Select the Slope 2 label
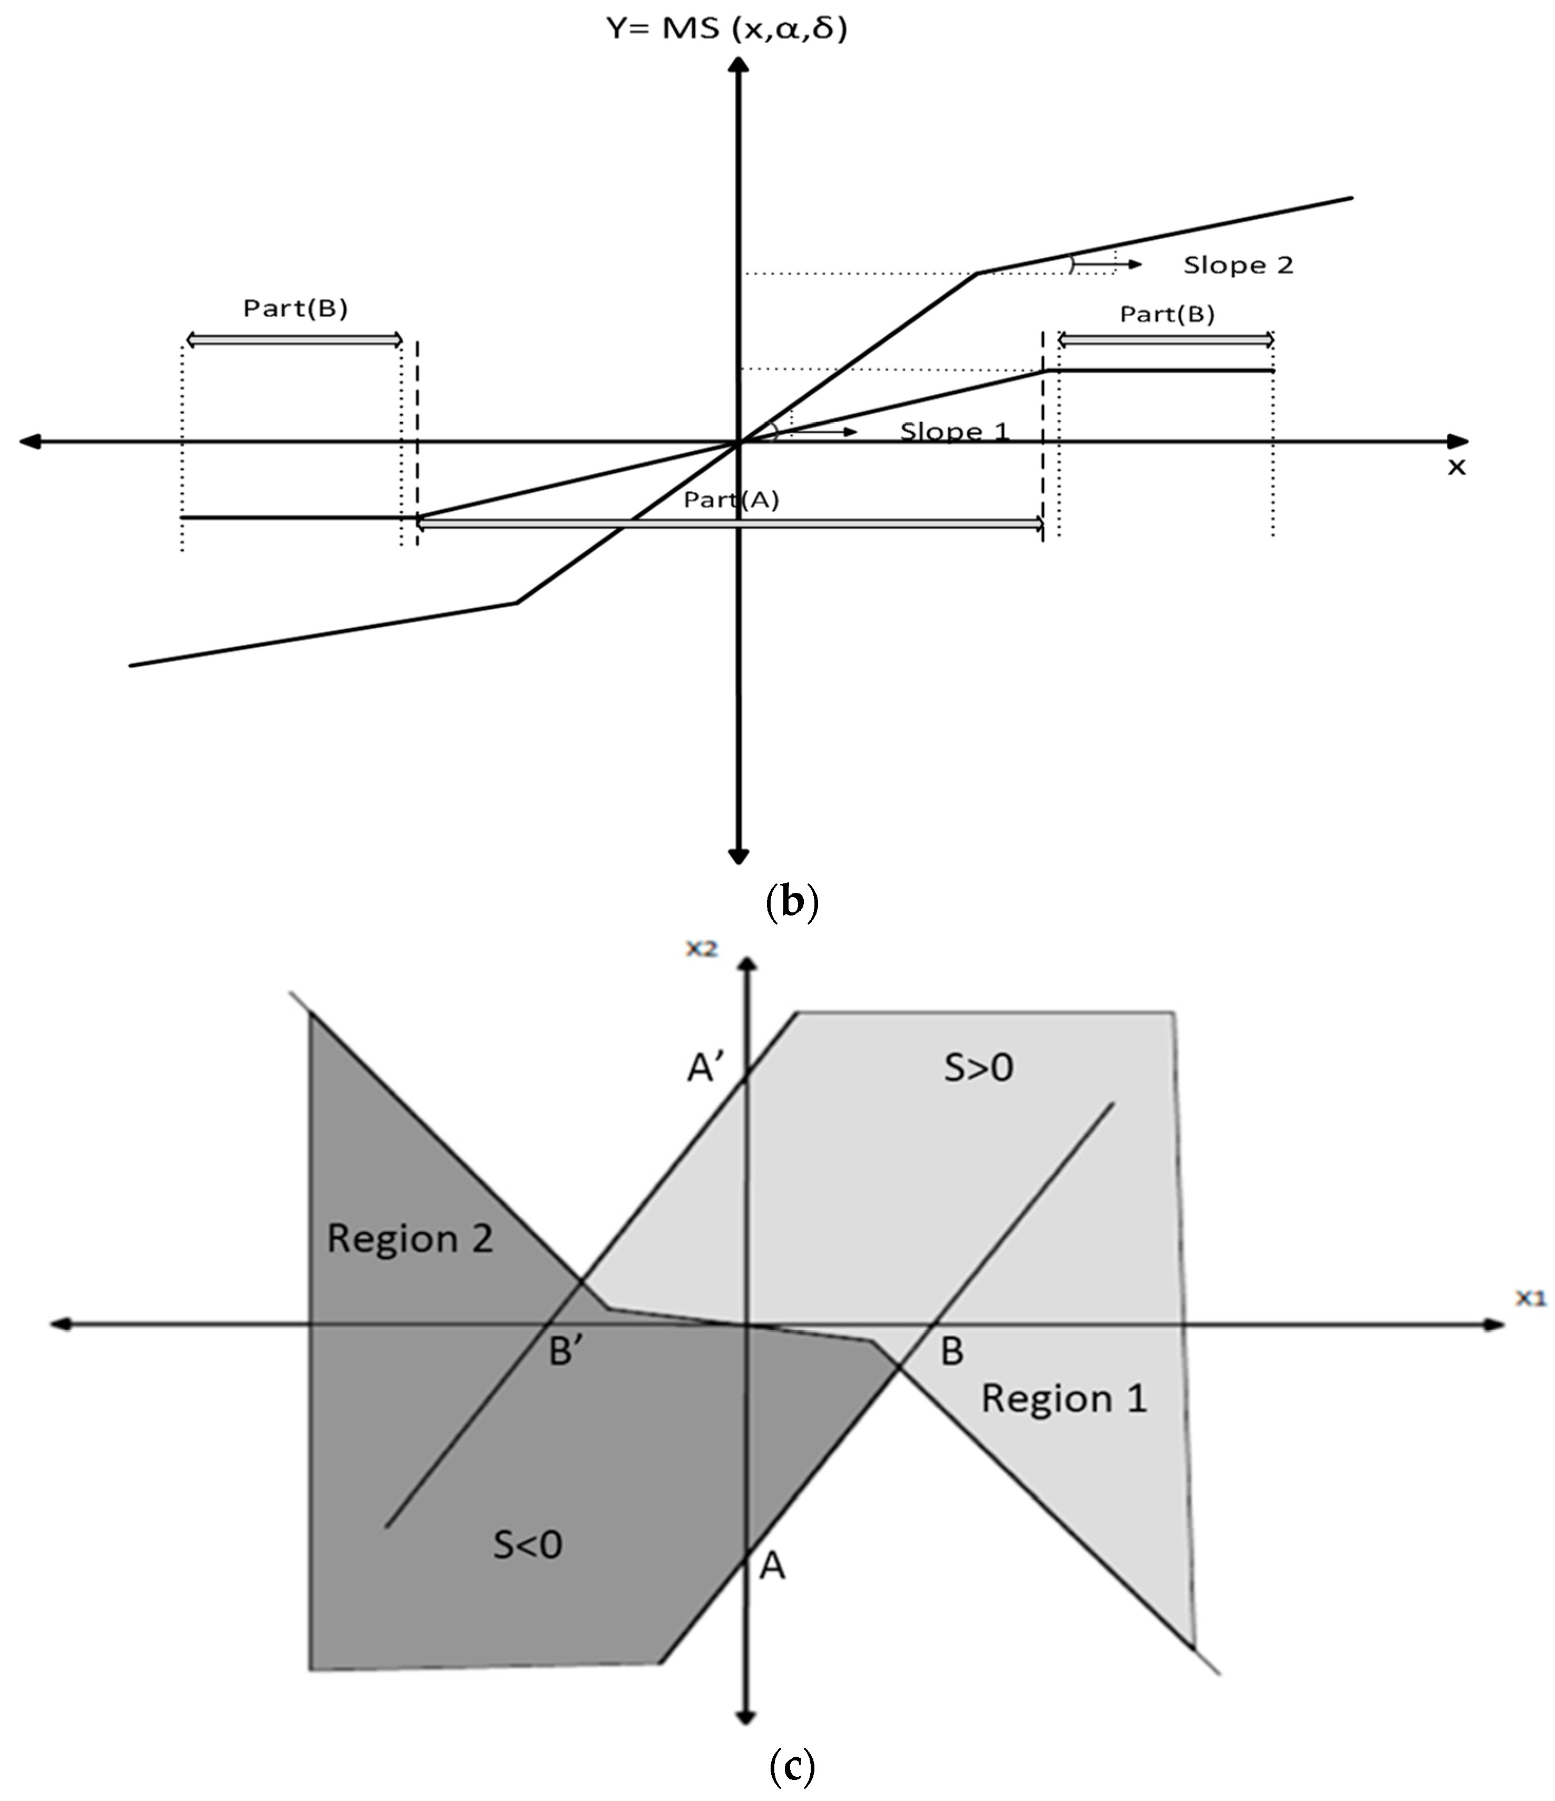[1238, 265]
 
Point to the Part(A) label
[731, 500]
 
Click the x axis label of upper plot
[1456, 468]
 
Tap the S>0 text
[979, 1067]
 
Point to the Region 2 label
[410, 1239]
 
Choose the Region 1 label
[1064, 1398]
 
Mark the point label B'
[566, 1351]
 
